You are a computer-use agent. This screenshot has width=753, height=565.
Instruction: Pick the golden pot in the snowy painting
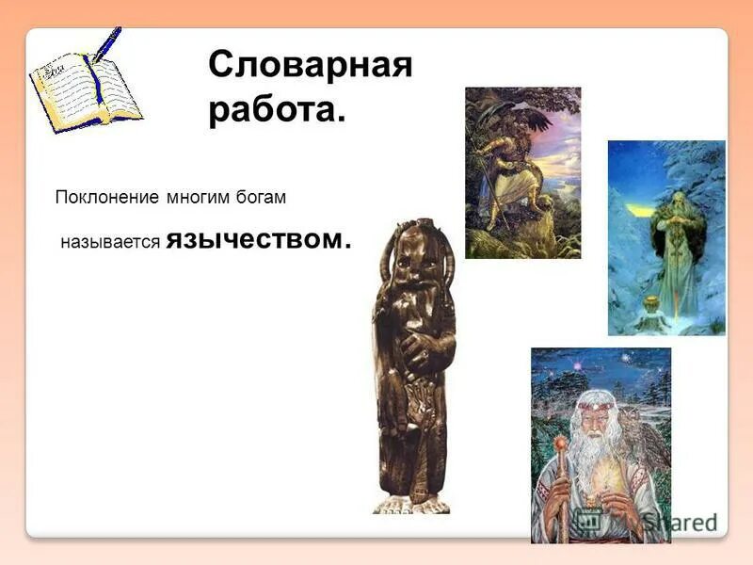[x=650, y=305]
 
